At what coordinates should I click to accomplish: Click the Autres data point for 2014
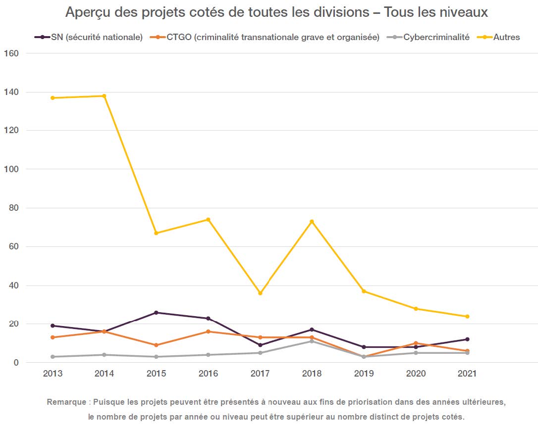tap(104, 96)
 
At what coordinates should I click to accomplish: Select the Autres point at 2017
tap(260, 293)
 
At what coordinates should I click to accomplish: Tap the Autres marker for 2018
tap(312, 221)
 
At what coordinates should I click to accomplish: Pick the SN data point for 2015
tap(156, 313)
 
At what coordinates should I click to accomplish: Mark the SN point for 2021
tap(467, 339)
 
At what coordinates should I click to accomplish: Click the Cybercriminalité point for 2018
tap(312, 341)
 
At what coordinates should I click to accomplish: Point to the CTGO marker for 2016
tap(208, 332)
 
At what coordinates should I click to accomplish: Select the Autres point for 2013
tap(53, 98)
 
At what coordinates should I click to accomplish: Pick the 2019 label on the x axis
tap(364, 374)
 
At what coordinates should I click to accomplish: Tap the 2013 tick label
tap(53, 374)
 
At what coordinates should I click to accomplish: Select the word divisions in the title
tap(340, 12)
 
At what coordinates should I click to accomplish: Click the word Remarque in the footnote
tap(66, 402)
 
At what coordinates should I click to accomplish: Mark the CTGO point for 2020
tap(416, 343)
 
